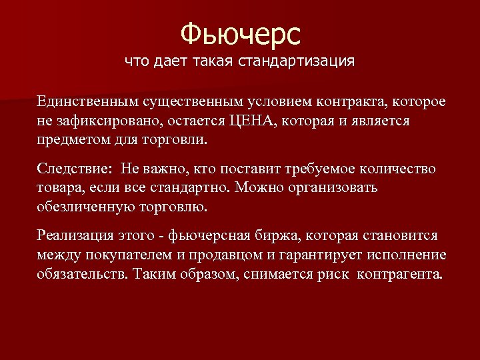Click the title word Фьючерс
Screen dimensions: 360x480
(x=241, y=33)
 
